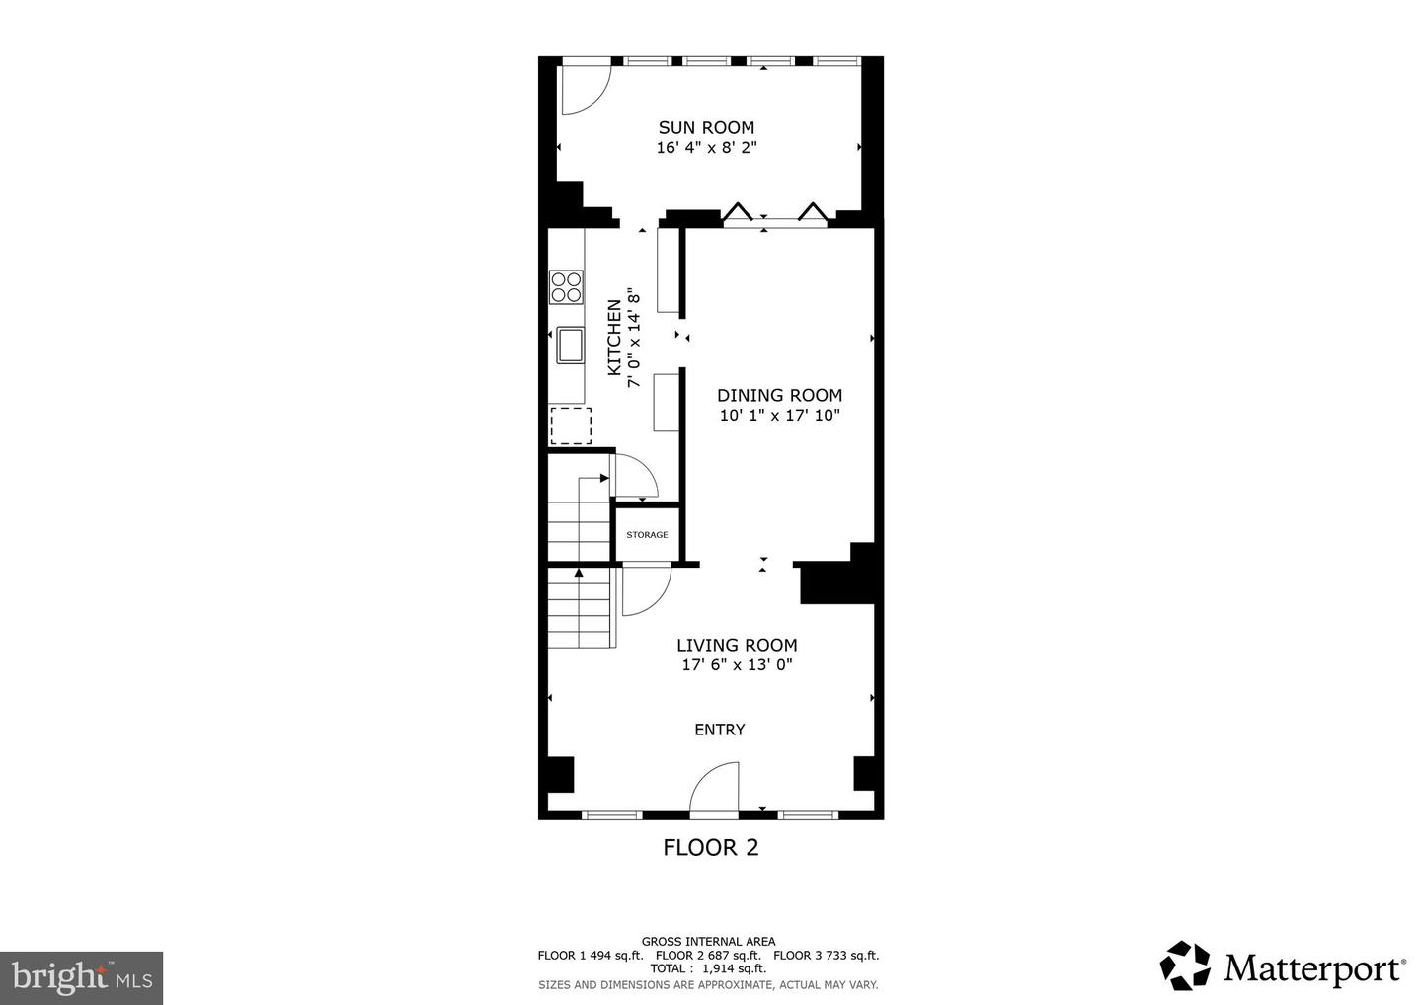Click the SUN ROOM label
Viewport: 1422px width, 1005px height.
coord(706,127)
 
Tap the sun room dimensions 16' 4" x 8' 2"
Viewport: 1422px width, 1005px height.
coord(706,148)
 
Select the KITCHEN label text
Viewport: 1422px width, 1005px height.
coord(614,337)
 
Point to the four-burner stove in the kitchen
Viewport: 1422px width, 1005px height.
coord(566,286)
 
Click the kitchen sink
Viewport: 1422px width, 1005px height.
coord(570,345)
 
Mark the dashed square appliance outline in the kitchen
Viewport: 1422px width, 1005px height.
coord(570,426)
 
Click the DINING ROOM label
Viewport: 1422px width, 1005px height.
coord(779,395)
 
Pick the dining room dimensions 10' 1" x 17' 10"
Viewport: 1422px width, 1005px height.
coord(779,416)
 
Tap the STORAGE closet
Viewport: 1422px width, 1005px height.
coord(647,534)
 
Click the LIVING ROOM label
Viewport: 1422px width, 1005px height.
coord(737,645)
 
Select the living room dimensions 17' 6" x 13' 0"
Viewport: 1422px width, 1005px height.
coord(737,665)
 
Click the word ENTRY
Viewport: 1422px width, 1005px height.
coord(719,730)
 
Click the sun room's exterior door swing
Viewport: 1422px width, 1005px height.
coord(585,89)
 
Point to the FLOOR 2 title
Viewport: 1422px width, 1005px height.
coord(710,847)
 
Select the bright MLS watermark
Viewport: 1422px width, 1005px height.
coord(81,978)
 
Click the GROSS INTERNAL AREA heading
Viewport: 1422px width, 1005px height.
coord(708,942)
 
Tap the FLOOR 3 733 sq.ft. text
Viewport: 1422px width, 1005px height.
coord(826,956)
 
